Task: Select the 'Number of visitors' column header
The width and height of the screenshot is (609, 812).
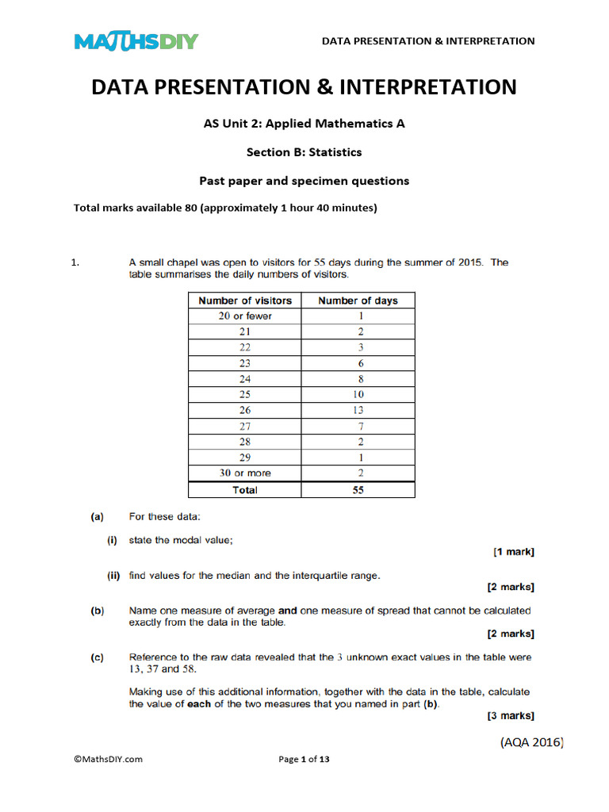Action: coord(245,301)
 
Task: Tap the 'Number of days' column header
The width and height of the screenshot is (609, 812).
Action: coord(358,301)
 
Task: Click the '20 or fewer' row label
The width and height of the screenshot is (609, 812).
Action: coord(245,316)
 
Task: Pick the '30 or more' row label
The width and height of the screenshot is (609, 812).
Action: coord(245,473)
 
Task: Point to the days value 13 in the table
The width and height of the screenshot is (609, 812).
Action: coord(358,410)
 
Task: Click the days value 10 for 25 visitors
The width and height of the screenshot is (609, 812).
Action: coord(358,394)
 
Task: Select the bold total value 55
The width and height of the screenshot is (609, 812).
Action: coord(358,490)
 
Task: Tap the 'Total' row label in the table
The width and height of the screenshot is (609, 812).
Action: coord(245,490)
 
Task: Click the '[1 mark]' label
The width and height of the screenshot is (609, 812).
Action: coord(513,552)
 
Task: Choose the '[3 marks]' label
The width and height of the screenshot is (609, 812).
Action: coord(510,716)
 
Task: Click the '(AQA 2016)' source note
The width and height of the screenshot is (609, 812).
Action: coord(531,742)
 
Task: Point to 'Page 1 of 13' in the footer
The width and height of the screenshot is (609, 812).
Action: coord(304,759)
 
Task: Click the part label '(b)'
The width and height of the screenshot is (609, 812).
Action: coord(97,611)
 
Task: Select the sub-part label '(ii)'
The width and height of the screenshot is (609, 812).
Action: coord(113,576)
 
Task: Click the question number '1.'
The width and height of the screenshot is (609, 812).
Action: coord(76,263)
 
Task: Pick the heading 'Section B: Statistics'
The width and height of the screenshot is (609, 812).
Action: coord(304,151)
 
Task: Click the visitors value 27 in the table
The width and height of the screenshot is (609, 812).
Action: coord(245,426)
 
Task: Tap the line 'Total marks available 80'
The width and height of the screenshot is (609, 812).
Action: coord(225,209)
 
